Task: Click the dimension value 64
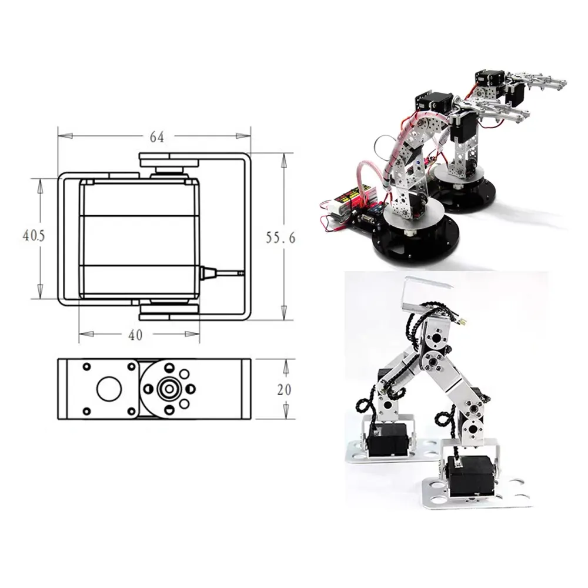pyautogui.click(x=156, y=137)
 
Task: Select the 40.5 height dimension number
pyautogui.click(x=34, y=236)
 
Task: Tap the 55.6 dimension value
pyautogui.click(x=280, y=238)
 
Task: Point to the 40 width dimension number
pyautogui.click(x=136, y=335)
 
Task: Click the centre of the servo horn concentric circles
pyautogui.click(x=169, y=389)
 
